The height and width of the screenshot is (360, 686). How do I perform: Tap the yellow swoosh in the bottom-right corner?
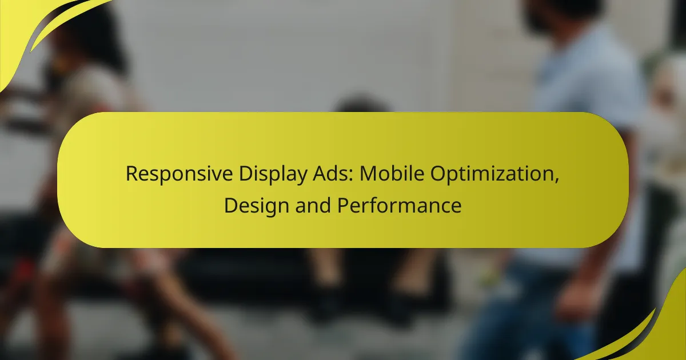click(657, 331)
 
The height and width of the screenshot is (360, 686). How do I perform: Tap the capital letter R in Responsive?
click(130, 175)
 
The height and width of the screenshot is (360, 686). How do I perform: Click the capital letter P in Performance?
click(341, 206)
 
